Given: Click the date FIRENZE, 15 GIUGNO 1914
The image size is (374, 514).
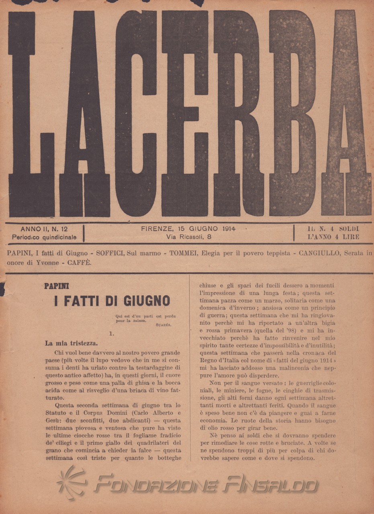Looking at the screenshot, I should [x=188, y=229].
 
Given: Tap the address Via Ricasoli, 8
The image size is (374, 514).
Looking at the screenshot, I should [x=189, y=237].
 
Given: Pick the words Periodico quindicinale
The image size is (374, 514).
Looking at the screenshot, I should [x=44, y=237].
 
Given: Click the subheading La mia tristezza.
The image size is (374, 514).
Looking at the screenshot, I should [x=71, y=343].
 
